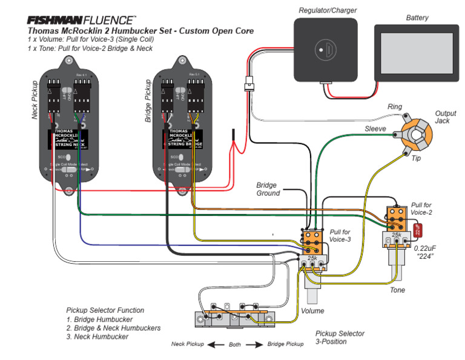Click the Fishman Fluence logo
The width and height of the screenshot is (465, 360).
tap(81, 20)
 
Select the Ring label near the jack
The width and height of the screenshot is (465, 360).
tap(394, 107)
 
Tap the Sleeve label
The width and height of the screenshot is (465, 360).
tap(375, 130)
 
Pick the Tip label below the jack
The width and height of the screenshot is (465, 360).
tap(417, 159)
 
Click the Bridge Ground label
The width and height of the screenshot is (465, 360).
tap(268, 189)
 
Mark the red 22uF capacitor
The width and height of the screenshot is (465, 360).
tap(417, 230)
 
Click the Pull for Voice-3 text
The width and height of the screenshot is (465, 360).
tap(340, 236)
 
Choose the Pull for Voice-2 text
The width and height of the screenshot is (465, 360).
tap(421, 209)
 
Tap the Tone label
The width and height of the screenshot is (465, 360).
tap(397, 291)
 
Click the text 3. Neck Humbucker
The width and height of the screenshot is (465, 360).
tap(97, 336)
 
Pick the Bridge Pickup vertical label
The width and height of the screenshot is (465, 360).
tap(148, 99)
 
